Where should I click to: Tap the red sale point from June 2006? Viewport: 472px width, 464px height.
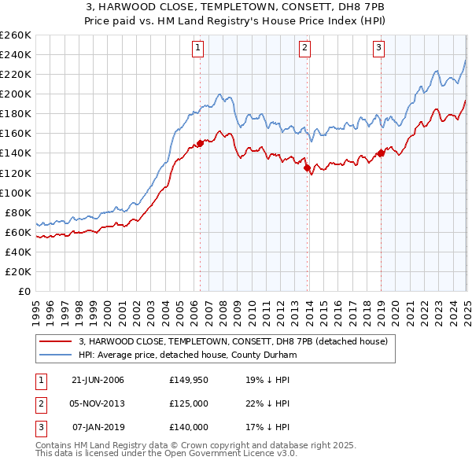200,143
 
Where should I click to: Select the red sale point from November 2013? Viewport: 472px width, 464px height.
306,167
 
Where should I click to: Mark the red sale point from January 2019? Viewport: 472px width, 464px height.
381,153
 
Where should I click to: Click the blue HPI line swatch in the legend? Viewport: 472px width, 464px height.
56,355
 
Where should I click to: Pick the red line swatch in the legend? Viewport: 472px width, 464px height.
56,341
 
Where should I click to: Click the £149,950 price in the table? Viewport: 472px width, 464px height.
189,380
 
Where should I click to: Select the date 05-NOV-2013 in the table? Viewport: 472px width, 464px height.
98,403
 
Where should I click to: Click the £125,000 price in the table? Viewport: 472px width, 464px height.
189,403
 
